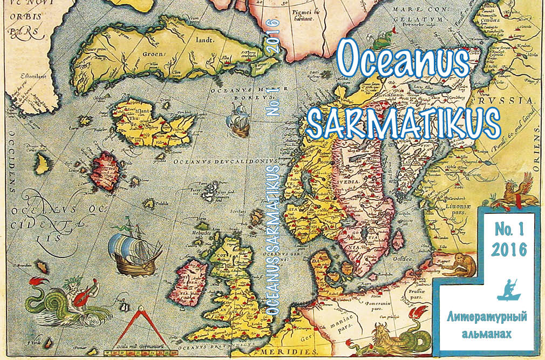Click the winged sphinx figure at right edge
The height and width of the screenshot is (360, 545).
tap(519, 193)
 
